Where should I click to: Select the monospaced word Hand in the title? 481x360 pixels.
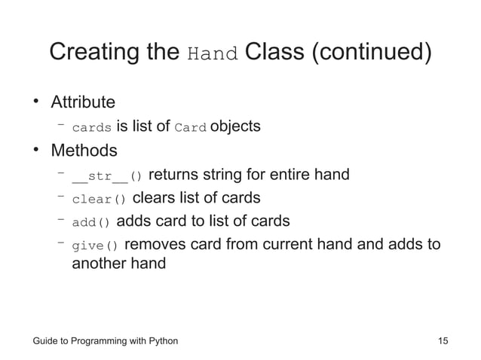point(213,56)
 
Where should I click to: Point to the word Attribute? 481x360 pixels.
point(83,102)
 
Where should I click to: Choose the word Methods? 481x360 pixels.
point(84,151)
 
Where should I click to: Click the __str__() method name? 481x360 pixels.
point(106,177)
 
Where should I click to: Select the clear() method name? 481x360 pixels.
point(99,200)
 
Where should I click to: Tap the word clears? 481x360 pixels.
point(156,198)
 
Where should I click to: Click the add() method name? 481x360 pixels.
point(91,222)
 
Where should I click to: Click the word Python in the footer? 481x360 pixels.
point(161,341)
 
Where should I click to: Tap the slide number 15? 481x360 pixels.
point(443,341)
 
